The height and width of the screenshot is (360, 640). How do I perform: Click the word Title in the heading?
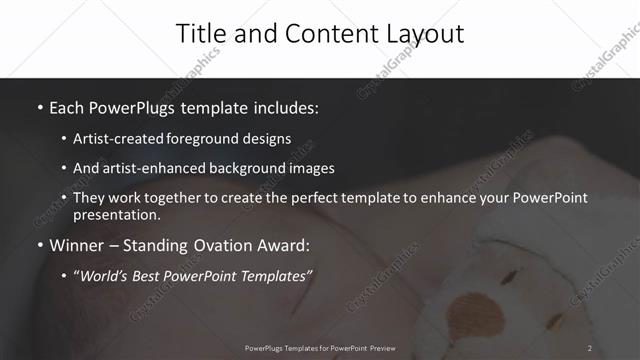click(199, 33)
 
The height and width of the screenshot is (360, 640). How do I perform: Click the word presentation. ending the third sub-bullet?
click(116, 215)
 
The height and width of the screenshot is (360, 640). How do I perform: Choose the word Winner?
click(77, 245)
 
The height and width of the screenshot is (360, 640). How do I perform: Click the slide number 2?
click(590, 347)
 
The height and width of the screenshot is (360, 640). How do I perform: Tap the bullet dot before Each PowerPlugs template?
click(39, 107)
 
